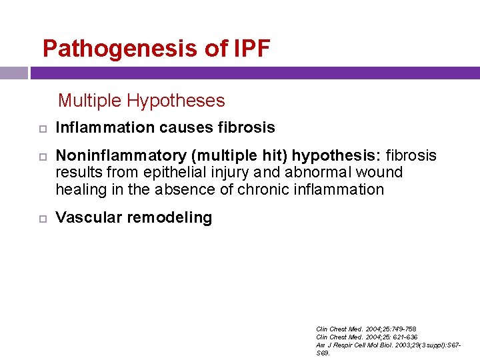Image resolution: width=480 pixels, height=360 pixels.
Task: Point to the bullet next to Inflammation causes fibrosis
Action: pos(39,128)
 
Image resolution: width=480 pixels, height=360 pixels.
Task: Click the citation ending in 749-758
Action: pos(366,329)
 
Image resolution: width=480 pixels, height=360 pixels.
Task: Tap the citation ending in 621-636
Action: pos(367,337)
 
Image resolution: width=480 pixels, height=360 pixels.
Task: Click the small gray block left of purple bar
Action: pos(13,73)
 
